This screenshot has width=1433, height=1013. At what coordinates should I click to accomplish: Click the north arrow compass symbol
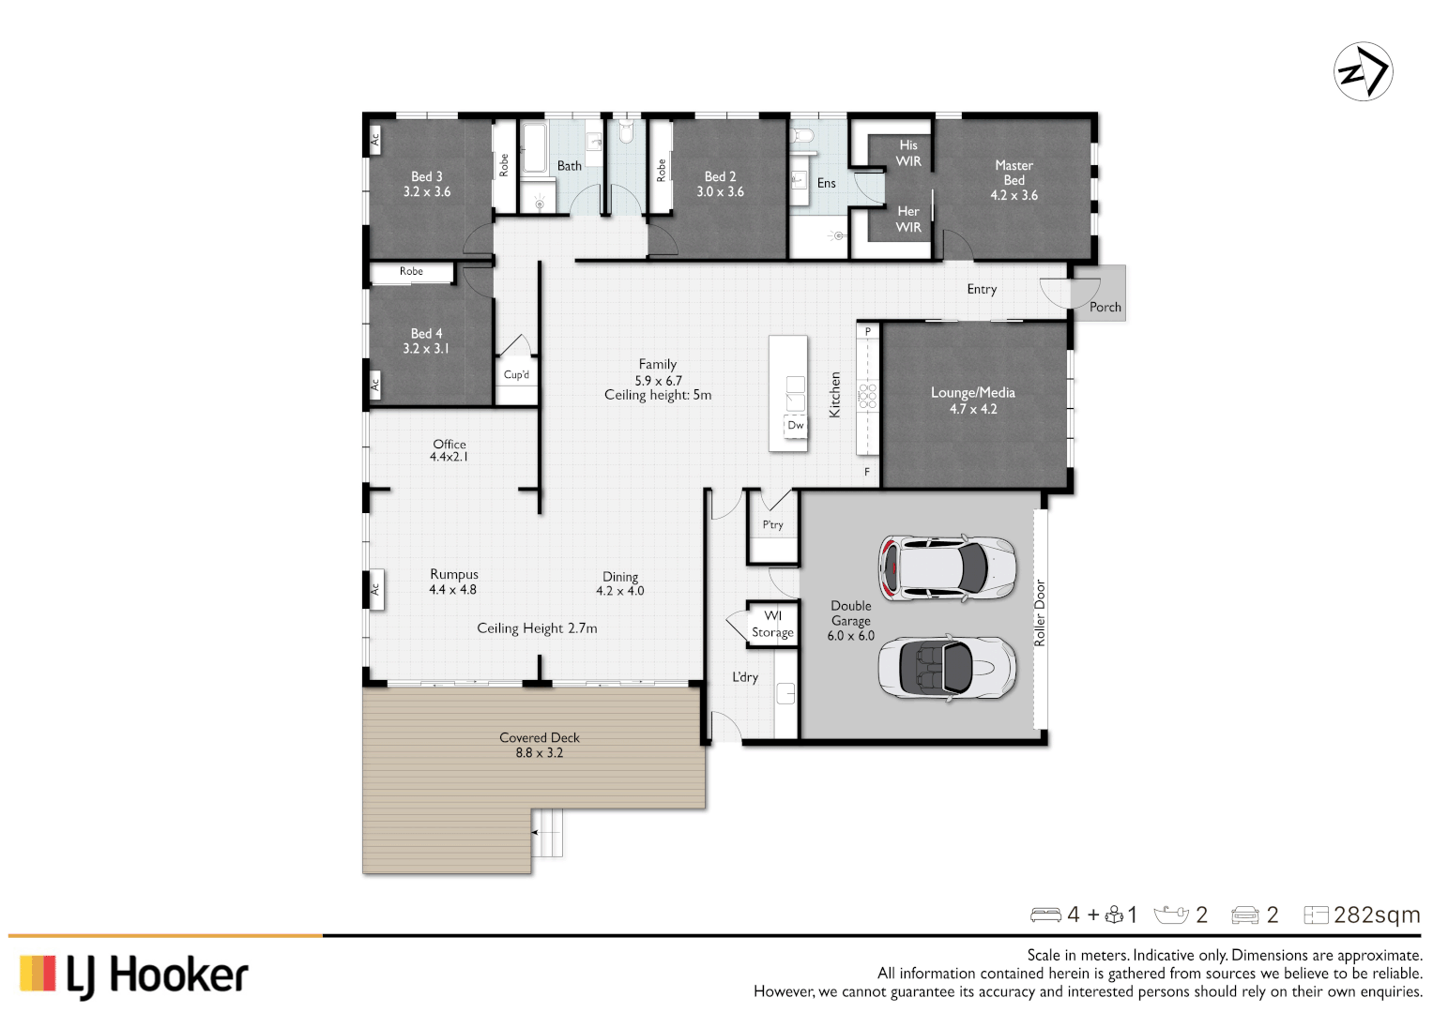[1363, 71]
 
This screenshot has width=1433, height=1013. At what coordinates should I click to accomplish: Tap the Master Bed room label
[1014, 180]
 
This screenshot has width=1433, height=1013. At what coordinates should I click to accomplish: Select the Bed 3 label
[427, 184]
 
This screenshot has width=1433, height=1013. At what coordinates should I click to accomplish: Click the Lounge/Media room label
[972, 401]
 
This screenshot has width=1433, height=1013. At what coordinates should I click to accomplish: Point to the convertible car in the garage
[946, 668]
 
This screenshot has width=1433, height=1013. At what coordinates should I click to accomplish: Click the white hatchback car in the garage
[946, 567]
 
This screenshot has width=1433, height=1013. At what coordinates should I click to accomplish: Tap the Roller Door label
[1040, 612]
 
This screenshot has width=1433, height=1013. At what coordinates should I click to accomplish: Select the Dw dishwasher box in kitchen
[795, 426]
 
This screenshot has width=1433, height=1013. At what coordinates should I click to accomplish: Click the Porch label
[1105, 307]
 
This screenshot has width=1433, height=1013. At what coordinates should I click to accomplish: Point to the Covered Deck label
[540, 745]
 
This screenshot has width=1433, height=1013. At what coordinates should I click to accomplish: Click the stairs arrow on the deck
[536, 831]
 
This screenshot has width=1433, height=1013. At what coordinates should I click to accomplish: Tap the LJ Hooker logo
[134, 975]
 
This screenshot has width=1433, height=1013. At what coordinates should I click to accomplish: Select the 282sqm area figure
[1376, 915]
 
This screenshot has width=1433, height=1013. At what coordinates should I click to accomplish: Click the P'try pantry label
[772, 525]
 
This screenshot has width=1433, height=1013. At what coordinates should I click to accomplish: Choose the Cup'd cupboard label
[516, 375]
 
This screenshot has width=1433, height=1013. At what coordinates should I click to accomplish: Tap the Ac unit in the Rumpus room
[375, 589]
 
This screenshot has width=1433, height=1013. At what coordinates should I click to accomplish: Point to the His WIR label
[907, 153]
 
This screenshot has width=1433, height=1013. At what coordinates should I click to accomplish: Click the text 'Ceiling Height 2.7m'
[537, 628]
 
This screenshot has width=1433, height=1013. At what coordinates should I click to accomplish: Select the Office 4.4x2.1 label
[449, 450]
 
